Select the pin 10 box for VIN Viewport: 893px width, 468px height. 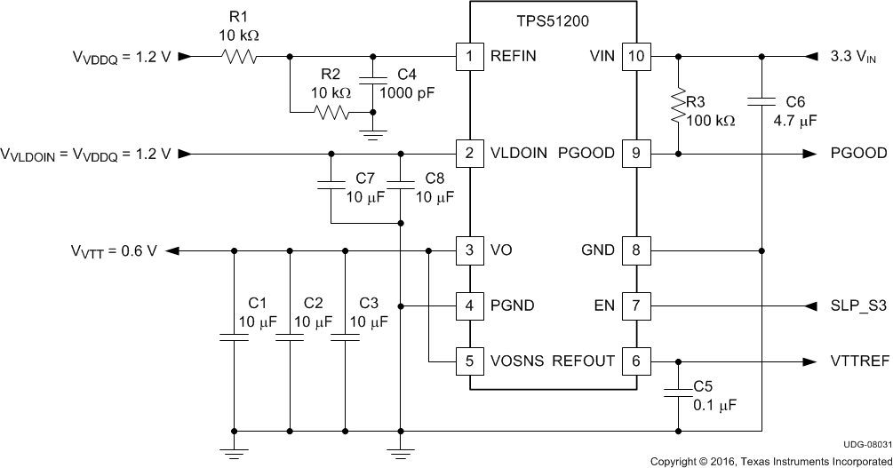pyautogui.click(x=634, y=56)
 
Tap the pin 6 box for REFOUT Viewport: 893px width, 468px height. pyautogui.click(x=634, y=361)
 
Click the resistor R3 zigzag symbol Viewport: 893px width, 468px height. pyautogui.click(x=679, y=107)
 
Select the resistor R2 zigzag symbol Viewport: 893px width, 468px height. pyautogui.click(x=331, y=113)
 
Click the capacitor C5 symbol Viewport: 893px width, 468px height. pyautogui.click(x=679, y=390)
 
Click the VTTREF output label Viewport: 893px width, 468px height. pyautogui.click(x=858, y=361)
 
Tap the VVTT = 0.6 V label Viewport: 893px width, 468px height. pyautogui.click(x=115, y=250)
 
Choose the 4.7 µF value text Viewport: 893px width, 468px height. pyautogui.click(x=796, y=118)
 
